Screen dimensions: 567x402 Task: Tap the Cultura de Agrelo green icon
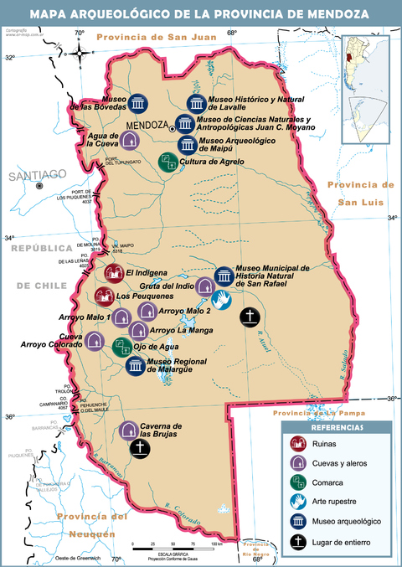coord(167,162)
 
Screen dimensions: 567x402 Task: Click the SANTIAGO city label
coord(36,174)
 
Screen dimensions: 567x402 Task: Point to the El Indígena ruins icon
coord(113,272)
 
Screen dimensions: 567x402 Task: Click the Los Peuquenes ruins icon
coord(104,295)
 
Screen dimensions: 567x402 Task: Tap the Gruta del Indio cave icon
coord(205,286)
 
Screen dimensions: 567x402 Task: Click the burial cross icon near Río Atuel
coord(249,317)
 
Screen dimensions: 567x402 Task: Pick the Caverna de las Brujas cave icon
coord(128,430)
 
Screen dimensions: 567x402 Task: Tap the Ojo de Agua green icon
coord(121,347)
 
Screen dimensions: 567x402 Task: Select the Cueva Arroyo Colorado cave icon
coord(95,341)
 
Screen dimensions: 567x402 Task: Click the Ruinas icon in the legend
coord(297,445)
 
